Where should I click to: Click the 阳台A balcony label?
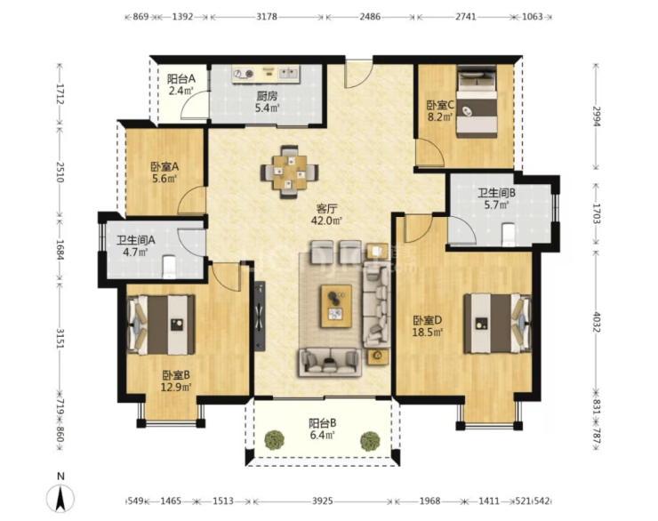[x=181, y=78]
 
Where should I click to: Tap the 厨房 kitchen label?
[x=267, y=96]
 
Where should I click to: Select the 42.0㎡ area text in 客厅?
[x=326, y=220]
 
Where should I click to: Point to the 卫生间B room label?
[x=496, y=193]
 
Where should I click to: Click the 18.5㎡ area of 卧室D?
[x=428, y=333]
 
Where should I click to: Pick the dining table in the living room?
[x=290, y=172]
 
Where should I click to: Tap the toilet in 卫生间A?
[x=169, y=267]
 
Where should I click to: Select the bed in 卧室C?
[x=477, y=101]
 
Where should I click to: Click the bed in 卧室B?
[x=161, y=325]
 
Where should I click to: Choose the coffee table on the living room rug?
[x=336, y=306]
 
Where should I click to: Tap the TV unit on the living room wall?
[x=260, y=316]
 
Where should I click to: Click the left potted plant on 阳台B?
[x=275, y=440]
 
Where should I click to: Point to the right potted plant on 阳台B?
[x=370, y=441]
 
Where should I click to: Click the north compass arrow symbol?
[x=60, y=499]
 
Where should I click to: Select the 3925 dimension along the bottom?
[x=322, y=501]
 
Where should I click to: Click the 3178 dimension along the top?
[x=267, y=17]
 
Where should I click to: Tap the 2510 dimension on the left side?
[x=60, y=172]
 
